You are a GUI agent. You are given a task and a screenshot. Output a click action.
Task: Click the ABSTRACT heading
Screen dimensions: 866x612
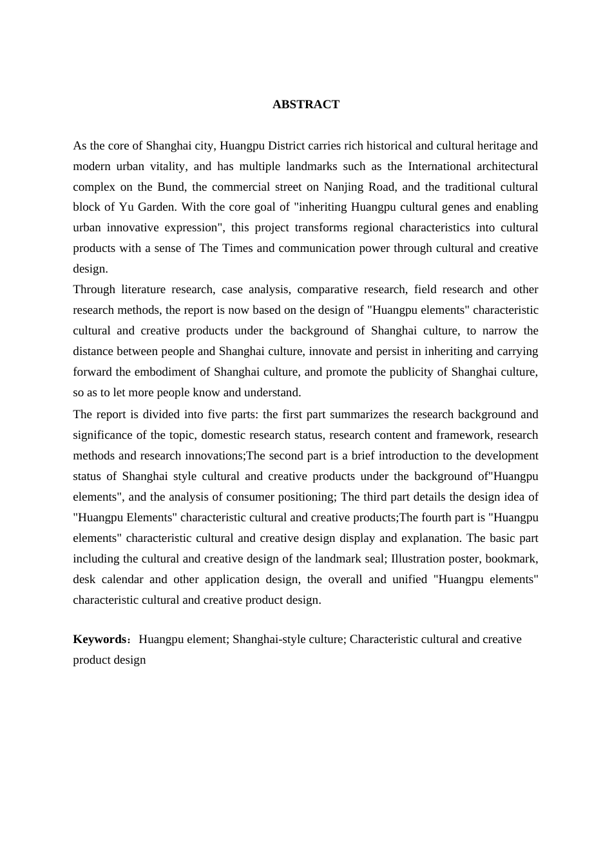coord(305,104)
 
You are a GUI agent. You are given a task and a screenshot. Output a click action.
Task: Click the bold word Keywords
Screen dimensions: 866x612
coord(100,639)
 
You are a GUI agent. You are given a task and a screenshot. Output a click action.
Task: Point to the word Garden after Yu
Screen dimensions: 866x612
coord(156,207)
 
